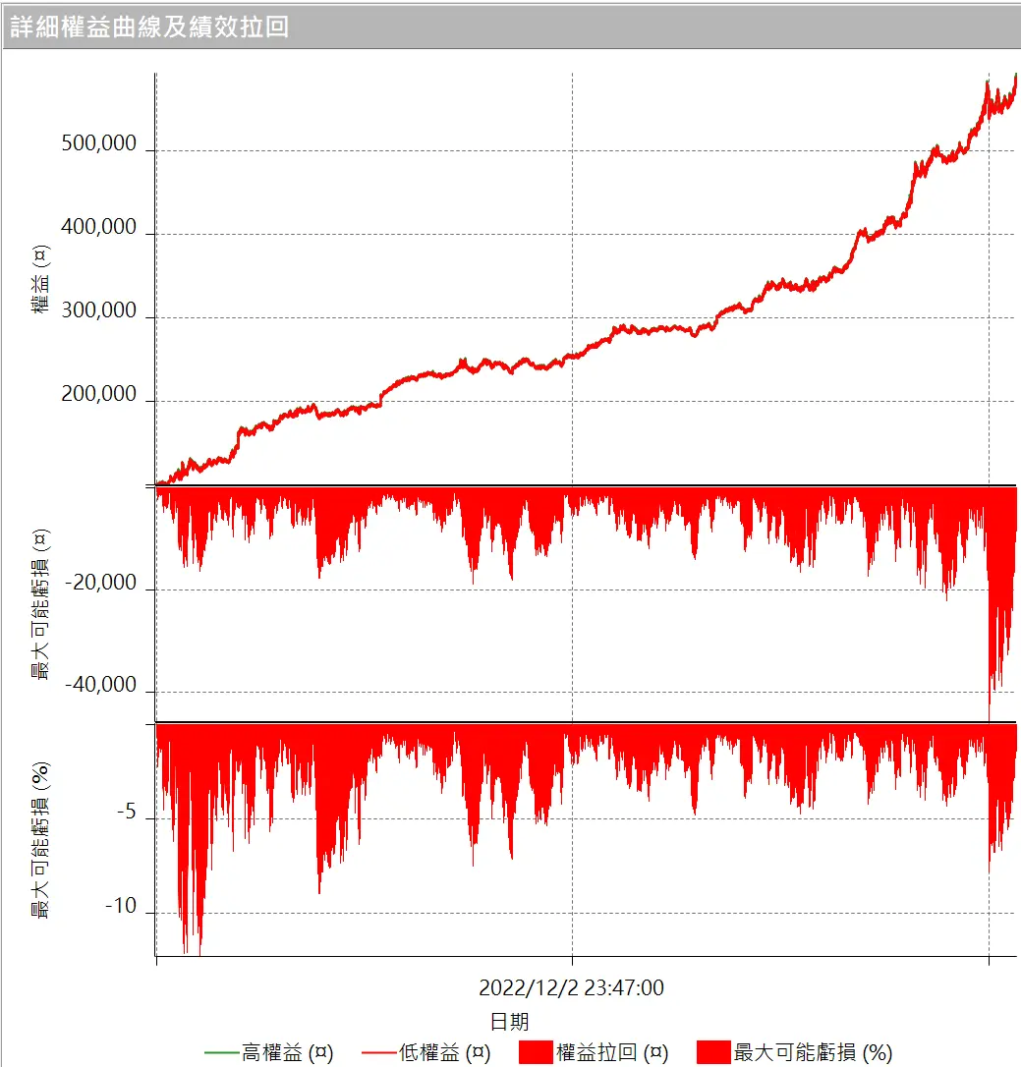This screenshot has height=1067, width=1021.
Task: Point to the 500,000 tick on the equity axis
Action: coord(98,143)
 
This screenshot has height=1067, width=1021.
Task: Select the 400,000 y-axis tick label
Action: coord(98,227)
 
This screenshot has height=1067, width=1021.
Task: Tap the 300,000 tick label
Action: coord(98,310)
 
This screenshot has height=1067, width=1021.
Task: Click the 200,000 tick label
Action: coord(98,394)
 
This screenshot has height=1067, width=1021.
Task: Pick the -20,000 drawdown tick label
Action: coord(102,583)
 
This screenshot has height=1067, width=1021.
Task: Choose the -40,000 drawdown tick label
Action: coord(102,685)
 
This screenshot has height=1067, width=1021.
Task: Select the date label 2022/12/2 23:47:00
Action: coord(571,987)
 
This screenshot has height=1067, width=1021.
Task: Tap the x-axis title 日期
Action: coord(509,1021)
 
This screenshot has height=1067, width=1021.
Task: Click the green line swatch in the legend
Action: coord(222,1052)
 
